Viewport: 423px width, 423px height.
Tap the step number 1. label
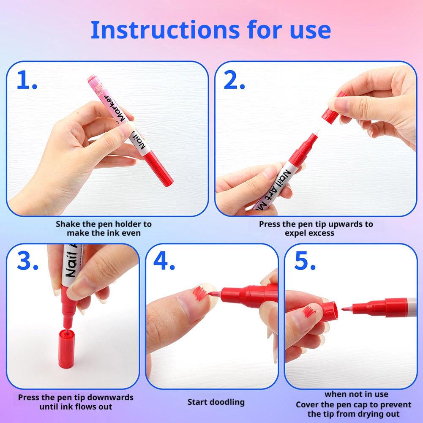tap(27, 80)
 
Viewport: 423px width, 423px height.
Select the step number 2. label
tap(234, 80)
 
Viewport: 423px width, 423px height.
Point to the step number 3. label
tap(27, 261)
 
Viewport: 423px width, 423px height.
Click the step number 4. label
tap(164, 261)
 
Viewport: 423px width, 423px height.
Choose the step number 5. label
tap(305, 261)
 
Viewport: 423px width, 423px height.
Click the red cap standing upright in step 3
tap(66, 348)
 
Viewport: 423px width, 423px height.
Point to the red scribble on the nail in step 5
tap(309, 312)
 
